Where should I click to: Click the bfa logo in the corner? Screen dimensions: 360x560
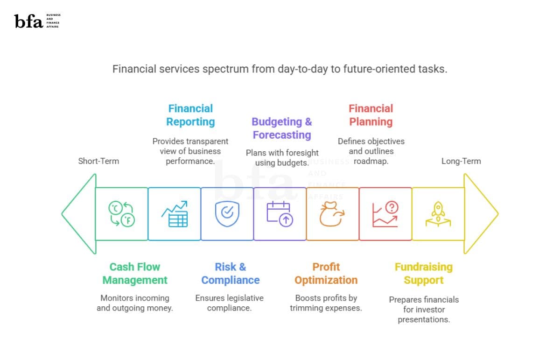37,21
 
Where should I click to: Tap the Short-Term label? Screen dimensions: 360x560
98,161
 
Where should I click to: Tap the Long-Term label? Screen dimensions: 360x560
461,161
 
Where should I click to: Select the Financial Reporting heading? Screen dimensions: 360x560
190,115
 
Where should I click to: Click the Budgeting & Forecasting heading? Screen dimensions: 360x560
282,128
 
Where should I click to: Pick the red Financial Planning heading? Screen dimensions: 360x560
371,115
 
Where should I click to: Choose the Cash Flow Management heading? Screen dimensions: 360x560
135,274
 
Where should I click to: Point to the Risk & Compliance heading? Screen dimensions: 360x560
230,274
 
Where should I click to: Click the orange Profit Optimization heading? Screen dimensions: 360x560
326,274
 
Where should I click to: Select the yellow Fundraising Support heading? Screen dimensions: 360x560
423,274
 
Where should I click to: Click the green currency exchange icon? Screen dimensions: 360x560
121,214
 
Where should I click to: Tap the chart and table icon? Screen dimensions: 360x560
175,214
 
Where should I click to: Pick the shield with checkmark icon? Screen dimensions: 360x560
227,214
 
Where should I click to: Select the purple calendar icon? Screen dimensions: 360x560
280,214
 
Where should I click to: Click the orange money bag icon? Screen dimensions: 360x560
331,214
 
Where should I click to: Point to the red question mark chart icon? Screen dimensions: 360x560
385,214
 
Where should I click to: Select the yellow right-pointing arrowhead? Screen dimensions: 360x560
481,214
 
